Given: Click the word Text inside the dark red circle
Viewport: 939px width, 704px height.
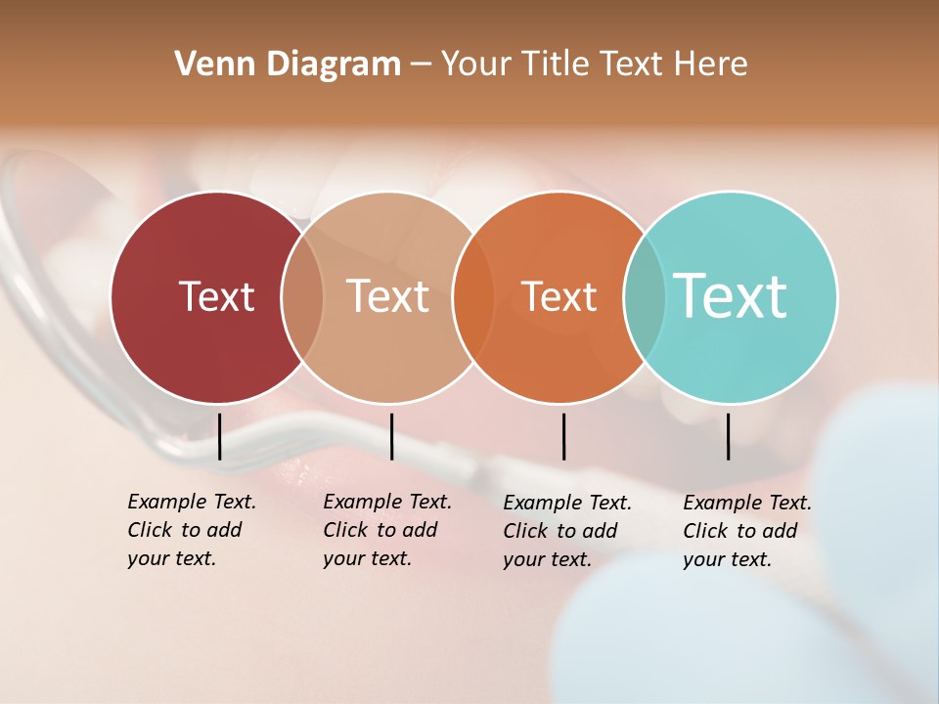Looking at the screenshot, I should point(216,296).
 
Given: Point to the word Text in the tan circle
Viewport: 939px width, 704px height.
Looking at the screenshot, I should point(388,296).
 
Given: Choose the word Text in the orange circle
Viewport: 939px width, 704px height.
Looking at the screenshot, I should point(559,296).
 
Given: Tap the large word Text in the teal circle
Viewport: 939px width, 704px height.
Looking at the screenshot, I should point(731,295).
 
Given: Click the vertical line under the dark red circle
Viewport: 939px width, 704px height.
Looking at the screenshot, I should point(219,436).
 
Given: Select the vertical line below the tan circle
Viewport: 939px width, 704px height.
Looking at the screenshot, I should point(391,436).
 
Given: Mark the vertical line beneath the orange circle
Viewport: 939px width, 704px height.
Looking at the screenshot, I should point(563,436).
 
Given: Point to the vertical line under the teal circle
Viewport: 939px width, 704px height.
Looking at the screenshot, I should point(728,436).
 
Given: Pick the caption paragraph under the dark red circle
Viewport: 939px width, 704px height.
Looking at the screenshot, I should point(191,530).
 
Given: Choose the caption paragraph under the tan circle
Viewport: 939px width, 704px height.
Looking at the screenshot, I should point(386,530).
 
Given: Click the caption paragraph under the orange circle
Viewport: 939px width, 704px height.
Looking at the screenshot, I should point(566,531).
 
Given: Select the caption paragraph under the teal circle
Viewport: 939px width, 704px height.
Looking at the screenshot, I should point(746,531).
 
